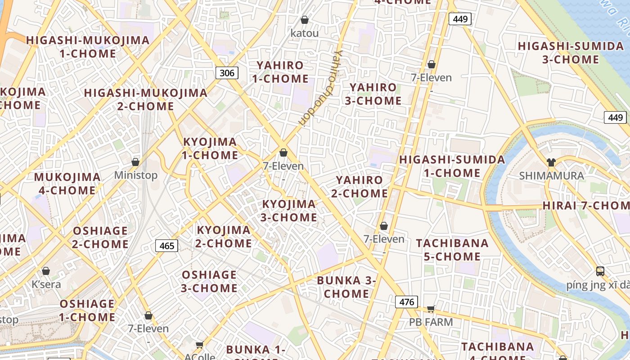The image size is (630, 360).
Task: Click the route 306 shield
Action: tap(227, 72)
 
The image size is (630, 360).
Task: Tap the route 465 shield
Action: tap(166, 246)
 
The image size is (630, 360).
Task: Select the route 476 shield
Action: tap(406, 301)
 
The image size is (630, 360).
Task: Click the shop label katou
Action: tap(305, 33)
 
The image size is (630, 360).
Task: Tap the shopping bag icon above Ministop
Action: tap(135, 162)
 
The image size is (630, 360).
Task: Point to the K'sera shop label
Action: tap(46, 284)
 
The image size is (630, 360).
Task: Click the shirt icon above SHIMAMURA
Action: tap(551, 162)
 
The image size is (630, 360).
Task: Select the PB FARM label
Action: tap(431, 322)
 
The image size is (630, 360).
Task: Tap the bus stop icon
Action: tap(600, 271)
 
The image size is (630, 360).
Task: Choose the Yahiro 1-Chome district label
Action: tap(280, 72)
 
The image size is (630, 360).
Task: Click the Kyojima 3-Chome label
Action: tap(289, 211)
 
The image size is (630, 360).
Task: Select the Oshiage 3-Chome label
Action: tap(209, 281)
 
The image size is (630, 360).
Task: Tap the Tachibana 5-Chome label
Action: tap(452, 250)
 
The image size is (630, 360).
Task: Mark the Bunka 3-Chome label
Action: tap(346, 287)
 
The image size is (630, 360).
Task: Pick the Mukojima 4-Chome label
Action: tap(67, 184)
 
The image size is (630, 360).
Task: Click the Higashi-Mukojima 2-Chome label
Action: tap(146, 99)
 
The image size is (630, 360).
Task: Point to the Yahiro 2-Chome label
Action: tap(360, 187)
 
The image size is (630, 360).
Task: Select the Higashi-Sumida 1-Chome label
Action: tap(452, 166)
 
